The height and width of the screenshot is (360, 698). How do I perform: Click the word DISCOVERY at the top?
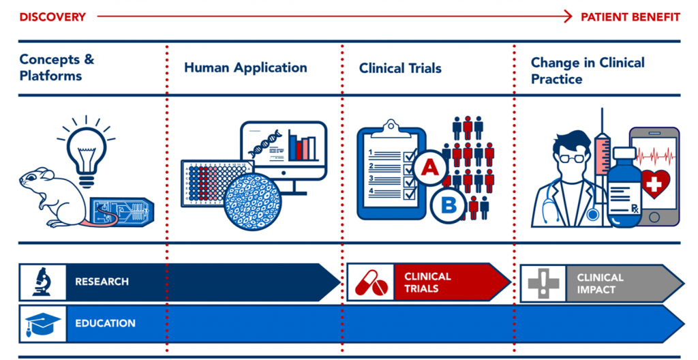[x=52, y=17]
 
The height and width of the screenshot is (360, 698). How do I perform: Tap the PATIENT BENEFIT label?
[x=631, y=17]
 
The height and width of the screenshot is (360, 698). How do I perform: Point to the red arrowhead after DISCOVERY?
[x=568, y=17]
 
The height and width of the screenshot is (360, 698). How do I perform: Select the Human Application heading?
[x=245, y=67]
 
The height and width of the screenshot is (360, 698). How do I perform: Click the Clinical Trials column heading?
[x=400, y=68]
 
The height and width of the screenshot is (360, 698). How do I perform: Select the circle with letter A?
[x=429, y=168]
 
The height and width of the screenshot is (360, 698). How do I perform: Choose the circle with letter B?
[x=449, y=205]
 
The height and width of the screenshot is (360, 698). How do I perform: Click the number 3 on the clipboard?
[x=371, y=178]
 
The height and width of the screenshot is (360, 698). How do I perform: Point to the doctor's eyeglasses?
[x=571, y=158]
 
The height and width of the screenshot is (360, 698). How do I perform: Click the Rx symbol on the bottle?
[x=635, y=208]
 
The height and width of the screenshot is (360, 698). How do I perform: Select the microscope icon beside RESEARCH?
[x=43, y=282]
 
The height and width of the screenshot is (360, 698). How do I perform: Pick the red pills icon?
[x=371, y=282]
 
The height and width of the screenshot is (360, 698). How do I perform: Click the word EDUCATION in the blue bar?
[x=105, y=323]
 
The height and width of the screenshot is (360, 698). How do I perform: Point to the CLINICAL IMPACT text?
[x=600, y=284]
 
